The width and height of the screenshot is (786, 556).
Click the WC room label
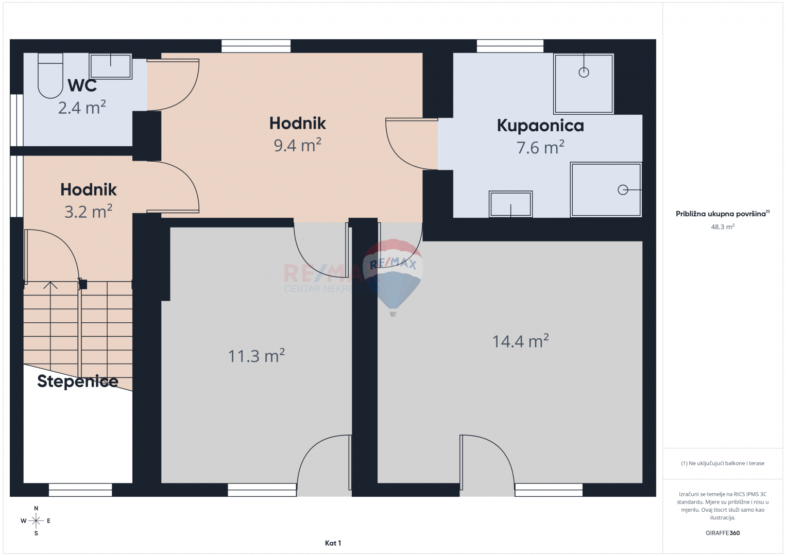(82, 85)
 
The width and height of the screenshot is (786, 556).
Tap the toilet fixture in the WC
(50, 75)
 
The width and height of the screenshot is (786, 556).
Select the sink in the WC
(111, 66)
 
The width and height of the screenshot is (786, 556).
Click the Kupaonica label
(540, 126)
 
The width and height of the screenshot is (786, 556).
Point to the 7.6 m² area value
(540, 147)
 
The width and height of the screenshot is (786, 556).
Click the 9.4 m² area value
(298, 145)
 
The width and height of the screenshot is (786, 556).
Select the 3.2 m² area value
(89, 212)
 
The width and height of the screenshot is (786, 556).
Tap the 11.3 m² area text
(256, 356)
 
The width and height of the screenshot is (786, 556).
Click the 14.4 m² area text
(520, 341)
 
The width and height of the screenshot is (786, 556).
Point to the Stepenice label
(78, 381)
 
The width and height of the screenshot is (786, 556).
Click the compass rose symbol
(36, 521)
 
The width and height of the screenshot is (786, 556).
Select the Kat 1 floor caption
(333, 543)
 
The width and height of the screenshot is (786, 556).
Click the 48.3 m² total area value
(723, 227)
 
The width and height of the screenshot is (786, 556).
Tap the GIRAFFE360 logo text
(723, 533)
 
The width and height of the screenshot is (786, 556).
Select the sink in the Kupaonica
(510, 204)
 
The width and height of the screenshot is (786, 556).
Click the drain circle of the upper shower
(584, 72)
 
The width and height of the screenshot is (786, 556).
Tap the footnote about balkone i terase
(723, 463)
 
